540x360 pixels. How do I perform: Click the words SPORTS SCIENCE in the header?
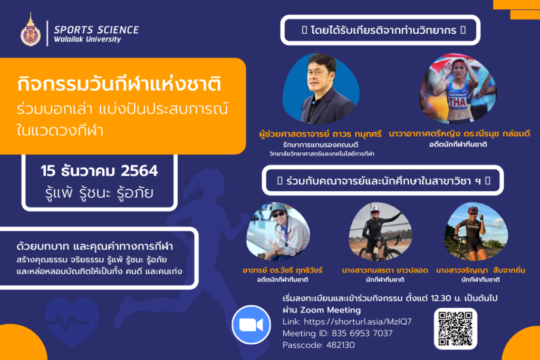[97, 30]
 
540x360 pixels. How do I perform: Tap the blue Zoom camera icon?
[251, 325]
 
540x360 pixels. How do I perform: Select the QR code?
[455, 329]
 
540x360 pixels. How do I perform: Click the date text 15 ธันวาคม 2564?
[99, 171]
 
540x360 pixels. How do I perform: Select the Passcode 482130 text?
[319, 345]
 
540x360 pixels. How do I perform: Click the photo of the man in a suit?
[321, 89]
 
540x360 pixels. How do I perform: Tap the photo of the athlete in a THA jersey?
[458, 89]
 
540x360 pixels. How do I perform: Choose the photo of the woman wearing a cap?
[278, 231]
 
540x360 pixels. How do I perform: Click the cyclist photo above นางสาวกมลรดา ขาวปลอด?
[380, 231]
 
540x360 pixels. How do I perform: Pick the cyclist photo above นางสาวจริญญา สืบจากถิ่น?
[476, 231]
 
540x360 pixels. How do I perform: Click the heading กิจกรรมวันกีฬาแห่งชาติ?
[119, 84]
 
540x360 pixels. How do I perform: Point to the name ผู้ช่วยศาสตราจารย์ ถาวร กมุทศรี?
[320, 134]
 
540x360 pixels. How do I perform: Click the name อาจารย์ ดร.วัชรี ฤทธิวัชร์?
[283, 270]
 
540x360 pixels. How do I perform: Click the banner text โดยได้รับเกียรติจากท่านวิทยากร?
[383, 30]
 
